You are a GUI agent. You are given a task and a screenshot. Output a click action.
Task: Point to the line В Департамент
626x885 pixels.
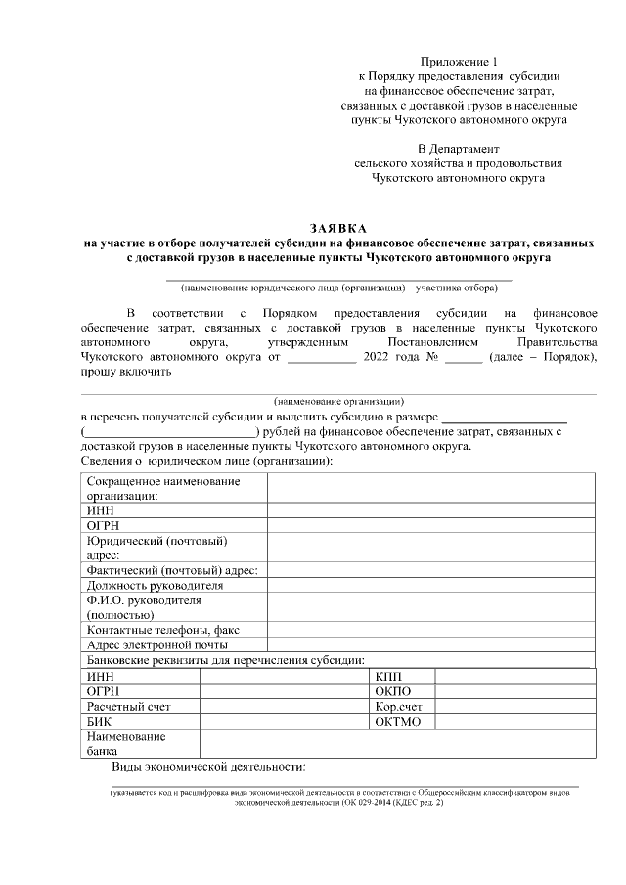coord(458,148)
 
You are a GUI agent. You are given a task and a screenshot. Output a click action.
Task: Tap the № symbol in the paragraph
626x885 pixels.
coord(429,357)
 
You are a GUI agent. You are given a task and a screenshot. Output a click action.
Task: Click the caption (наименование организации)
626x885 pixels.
coord(338,402)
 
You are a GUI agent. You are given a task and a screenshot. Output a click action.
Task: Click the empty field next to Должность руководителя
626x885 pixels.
coord(430,585)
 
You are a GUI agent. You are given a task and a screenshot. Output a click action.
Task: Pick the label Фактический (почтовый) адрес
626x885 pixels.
coord(172,570)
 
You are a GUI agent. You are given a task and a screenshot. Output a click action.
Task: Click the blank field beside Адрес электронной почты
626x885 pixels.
coord(430,644)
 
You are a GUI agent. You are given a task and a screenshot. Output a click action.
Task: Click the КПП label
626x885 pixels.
coord(388,677)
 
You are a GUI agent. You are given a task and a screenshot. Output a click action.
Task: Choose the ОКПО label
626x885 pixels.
coord(392,691)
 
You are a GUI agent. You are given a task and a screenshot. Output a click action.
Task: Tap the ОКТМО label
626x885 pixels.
coord(397,721)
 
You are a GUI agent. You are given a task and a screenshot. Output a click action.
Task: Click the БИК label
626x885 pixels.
coord(100,721)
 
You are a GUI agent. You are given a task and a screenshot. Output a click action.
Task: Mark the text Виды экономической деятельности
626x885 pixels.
coord(209,766)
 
